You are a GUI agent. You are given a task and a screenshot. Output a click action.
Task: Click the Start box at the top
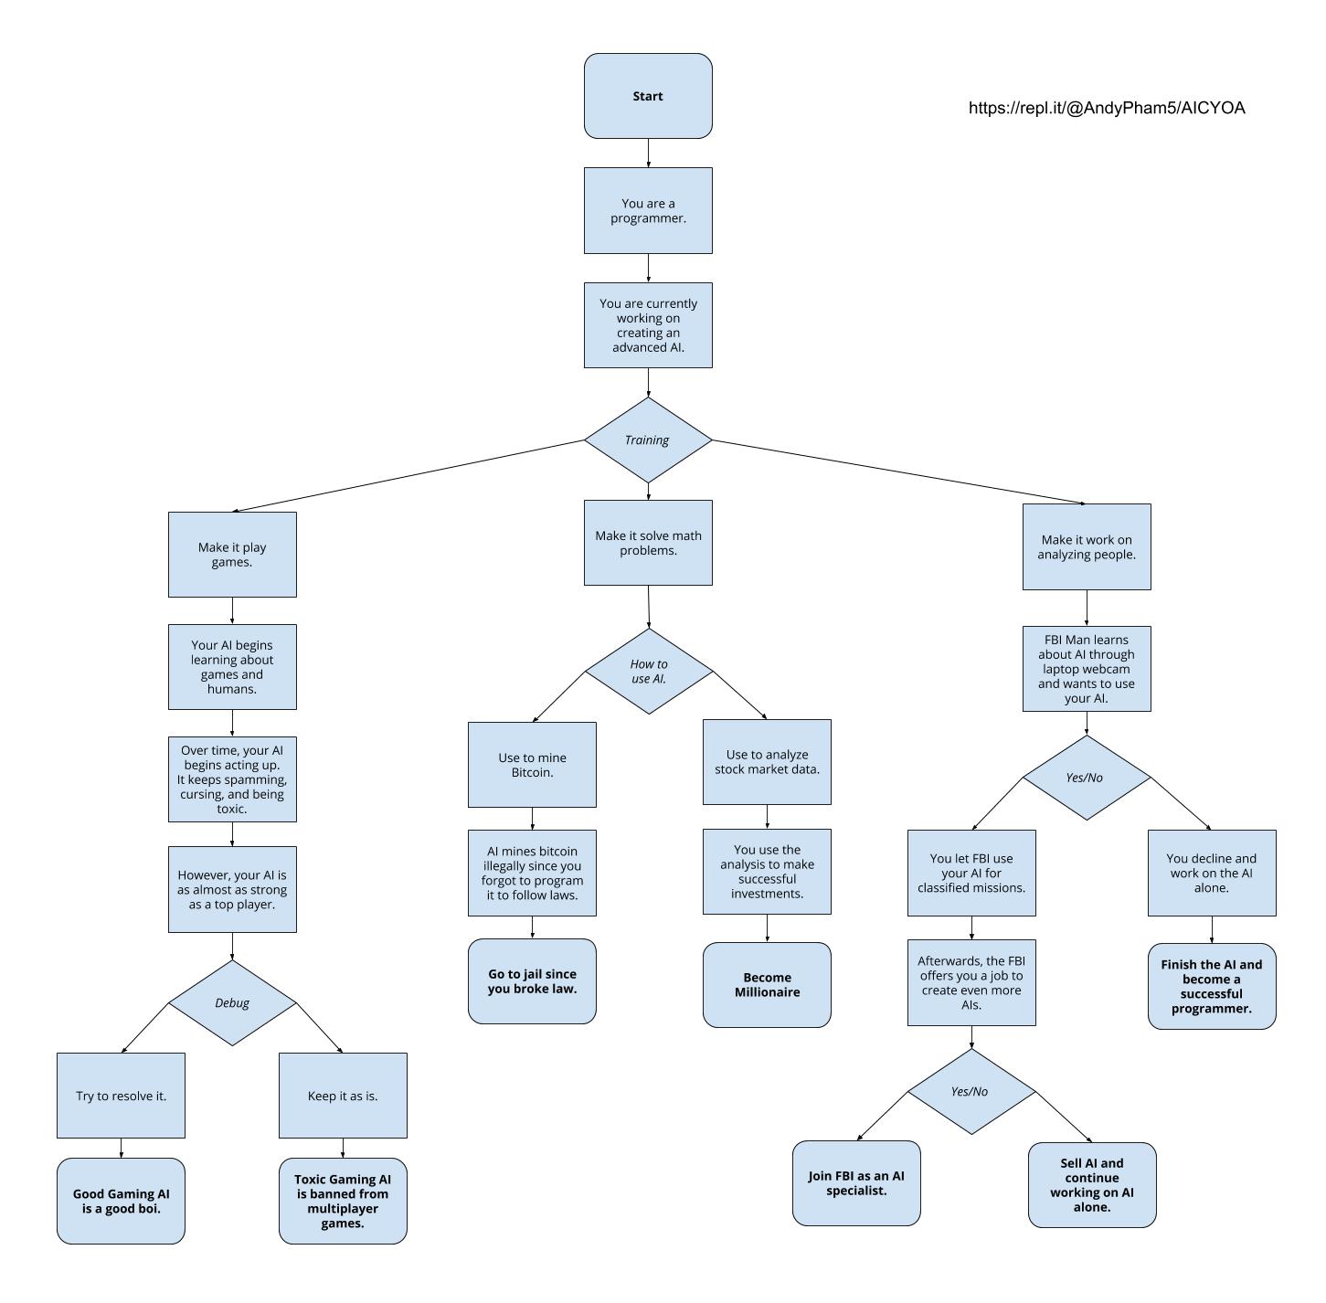648,96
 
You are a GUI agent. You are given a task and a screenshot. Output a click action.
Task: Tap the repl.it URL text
1107,108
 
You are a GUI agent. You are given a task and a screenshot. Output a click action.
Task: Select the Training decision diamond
648,440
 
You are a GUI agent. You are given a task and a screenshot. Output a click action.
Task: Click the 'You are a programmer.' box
648,211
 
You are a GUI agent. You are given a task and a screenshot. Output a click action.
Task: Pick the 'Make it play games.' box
232,554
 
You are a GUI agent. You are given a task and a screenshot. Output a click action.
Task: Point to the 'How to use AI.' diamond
649,671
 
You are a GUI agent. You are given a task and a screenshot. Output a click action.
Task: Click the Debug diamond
232,1003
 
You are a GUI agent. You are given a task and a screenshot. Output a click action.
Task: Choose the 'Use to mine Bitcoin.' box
532,765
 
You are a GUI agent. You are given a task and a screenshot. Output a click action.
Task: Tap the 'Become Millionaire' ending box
767,985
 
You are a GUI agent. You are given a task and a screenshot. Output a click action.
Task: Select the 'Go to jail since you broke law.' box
532,980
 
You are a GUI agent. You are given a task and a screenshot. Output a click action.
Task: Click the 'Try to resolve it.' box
122,1096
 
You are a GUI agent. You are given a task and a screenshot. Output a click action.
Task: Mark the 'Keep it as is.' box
343,1096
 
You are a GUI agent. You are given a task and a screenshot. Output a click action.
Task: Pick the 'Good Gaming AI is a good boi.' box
122,1202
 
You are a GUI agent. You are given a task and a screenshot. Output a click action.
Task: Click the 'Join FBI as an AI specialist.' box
856,1183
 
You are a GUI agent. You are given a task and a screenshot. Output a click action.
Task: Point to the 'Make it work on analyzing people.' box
1087,546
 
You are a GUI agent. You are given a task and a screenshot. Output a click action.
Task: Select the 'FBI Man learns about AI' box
1087,668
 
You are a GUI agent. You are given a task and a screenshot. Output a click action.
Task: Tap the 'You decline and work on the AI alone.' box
1212,873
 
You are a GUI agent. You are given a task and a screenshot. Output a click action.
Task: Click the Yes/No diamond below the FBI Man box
1087,778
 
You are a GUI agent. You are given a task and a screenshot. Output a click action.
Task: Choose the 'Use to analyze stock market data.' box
767,762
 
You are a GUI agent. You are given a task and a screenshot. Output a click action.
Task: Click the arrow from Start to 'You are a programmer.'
648,153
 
